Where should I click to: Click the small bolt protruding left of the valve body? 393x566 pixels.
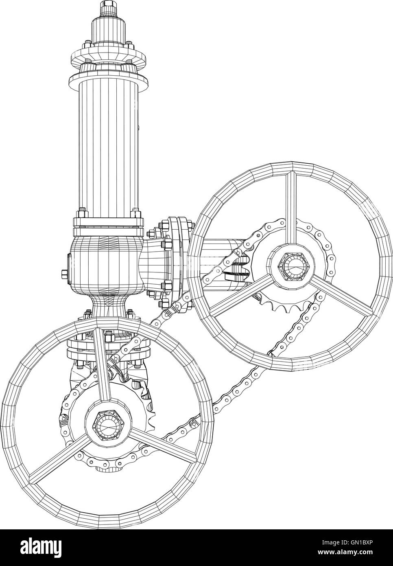coord(65,273)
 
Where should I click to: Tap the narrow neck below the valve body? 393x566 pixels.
coord(109,306)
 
